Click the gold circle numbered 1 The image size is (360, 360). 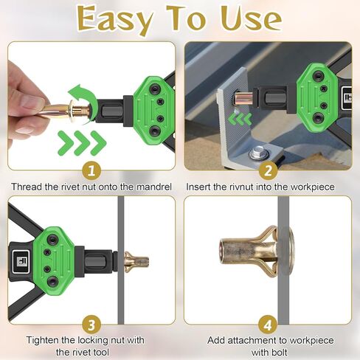(x=91, y=170)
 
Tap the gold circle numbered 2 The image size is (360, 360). (x=268, y=170)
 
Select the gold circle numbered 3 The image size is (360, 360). (x=91, y=325)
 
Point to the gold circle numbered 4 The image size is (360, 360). (x=268, y=325)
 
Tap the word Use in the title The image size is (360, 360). (x=251, y=18)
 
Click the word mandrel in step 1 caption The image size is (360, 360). (x=154, y=187)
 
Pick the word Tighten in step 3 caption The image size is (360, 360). (x=43, y=341)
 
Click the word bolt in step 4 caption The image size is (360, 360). (x=278, y=353)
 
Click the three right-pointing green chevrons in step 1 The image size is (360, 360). (x=82, y=143)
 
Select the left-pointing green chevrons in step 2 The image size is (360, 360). (x=240, y=120)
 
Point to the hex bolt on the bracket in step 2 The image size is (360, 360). (x=258, y=153)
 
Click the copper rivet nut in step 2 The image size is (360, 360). (x=243, y=97)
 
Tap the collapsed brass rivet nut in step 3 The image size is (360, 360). (x=136, y=262)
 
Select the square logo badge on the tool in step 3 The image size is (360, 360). (x=21, y=262)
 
